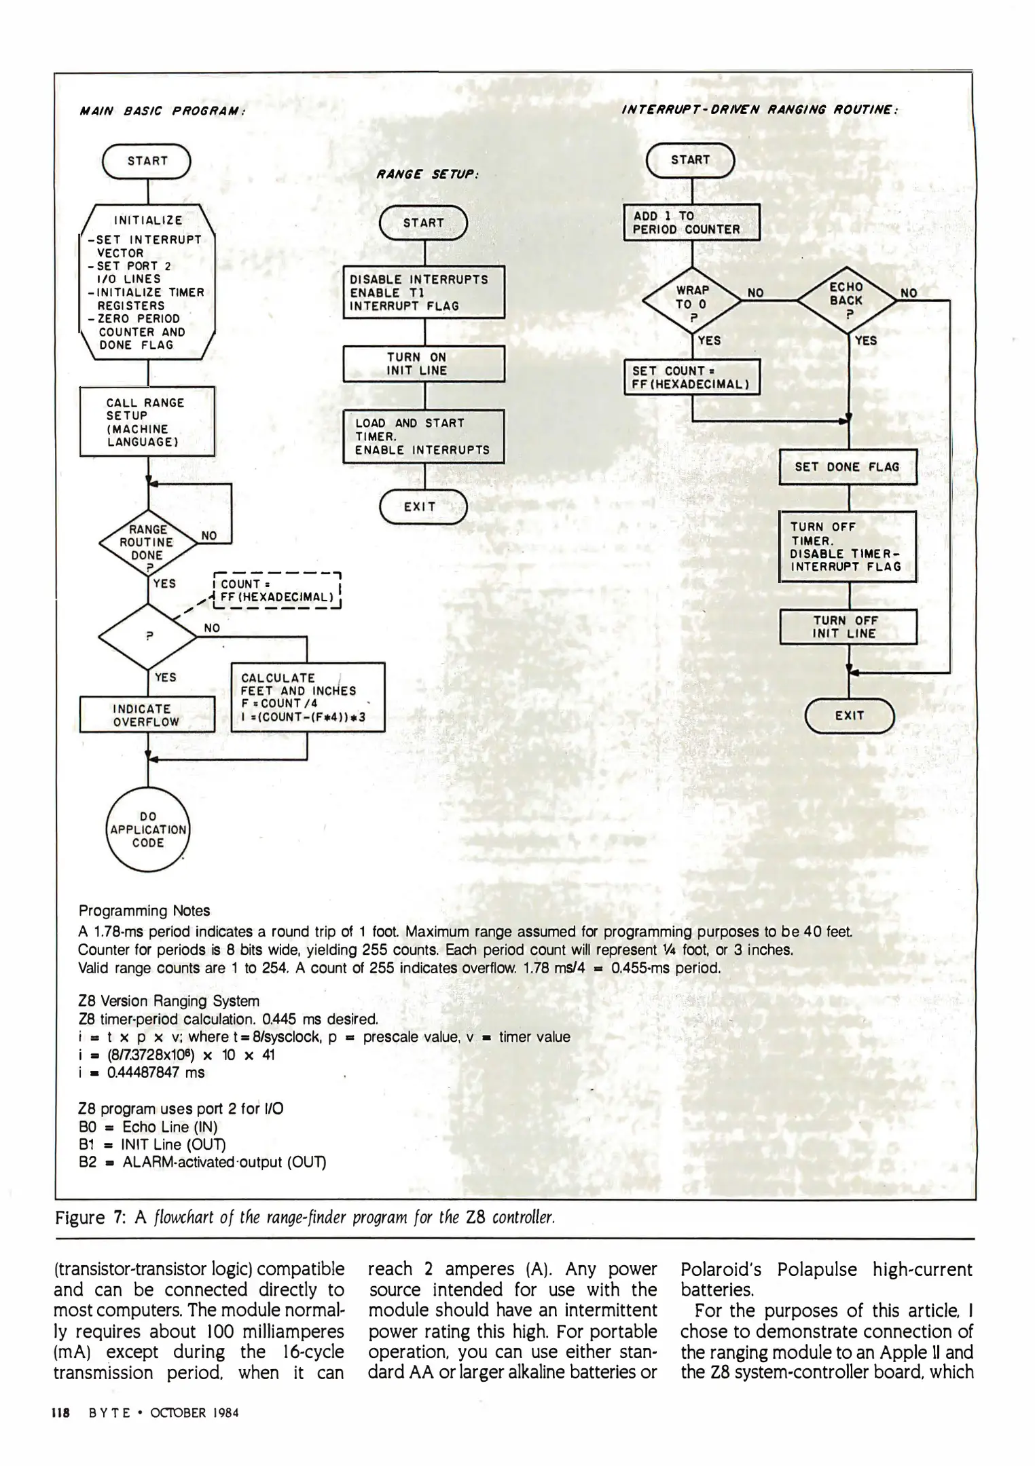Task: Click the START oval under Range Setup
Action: pyautogui.click(x=423, y=223)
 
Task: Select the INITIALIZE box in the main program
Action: pyautogui.click(x=147, y=282)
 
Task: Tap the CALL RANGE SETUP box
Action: pyautogui.click(x=147, y=421)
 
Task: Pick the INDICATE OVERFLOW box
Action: pyautogui.click(x=147, y=715)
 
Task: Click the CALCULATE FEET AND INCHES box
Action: pyautogui.click(x=308, y=697)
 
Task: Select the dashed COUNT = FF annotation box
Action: pyautogui.click(x=276, y=590)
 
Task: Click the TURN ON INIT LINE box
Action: pyautogui.click(x=424, y=364)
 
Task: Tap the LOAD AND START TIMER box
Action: pyautogui.click(x=424, y=436)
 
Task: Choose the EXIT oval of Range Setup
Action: pyautogui.click(x=423, y=507)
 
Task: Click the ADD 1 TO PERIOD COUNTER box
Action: pyautogui.click(x=691, y=223)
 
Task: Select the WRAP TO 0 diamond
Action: pyautogui.click(x=691, y=299)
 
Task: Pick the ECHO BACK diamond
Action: pyautogui.click(x=847, y=299)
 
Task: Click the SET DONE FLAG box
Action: pyautogui.click(x=848, y=467)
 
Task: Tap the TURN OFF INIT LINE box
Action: pyautogui.click(x=848, y=627)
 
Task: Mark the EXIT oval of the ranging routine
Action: pyautogui.click(x=849, y=715)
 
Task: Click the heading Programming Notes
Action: pyautogui.click(x=144, y=911)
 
